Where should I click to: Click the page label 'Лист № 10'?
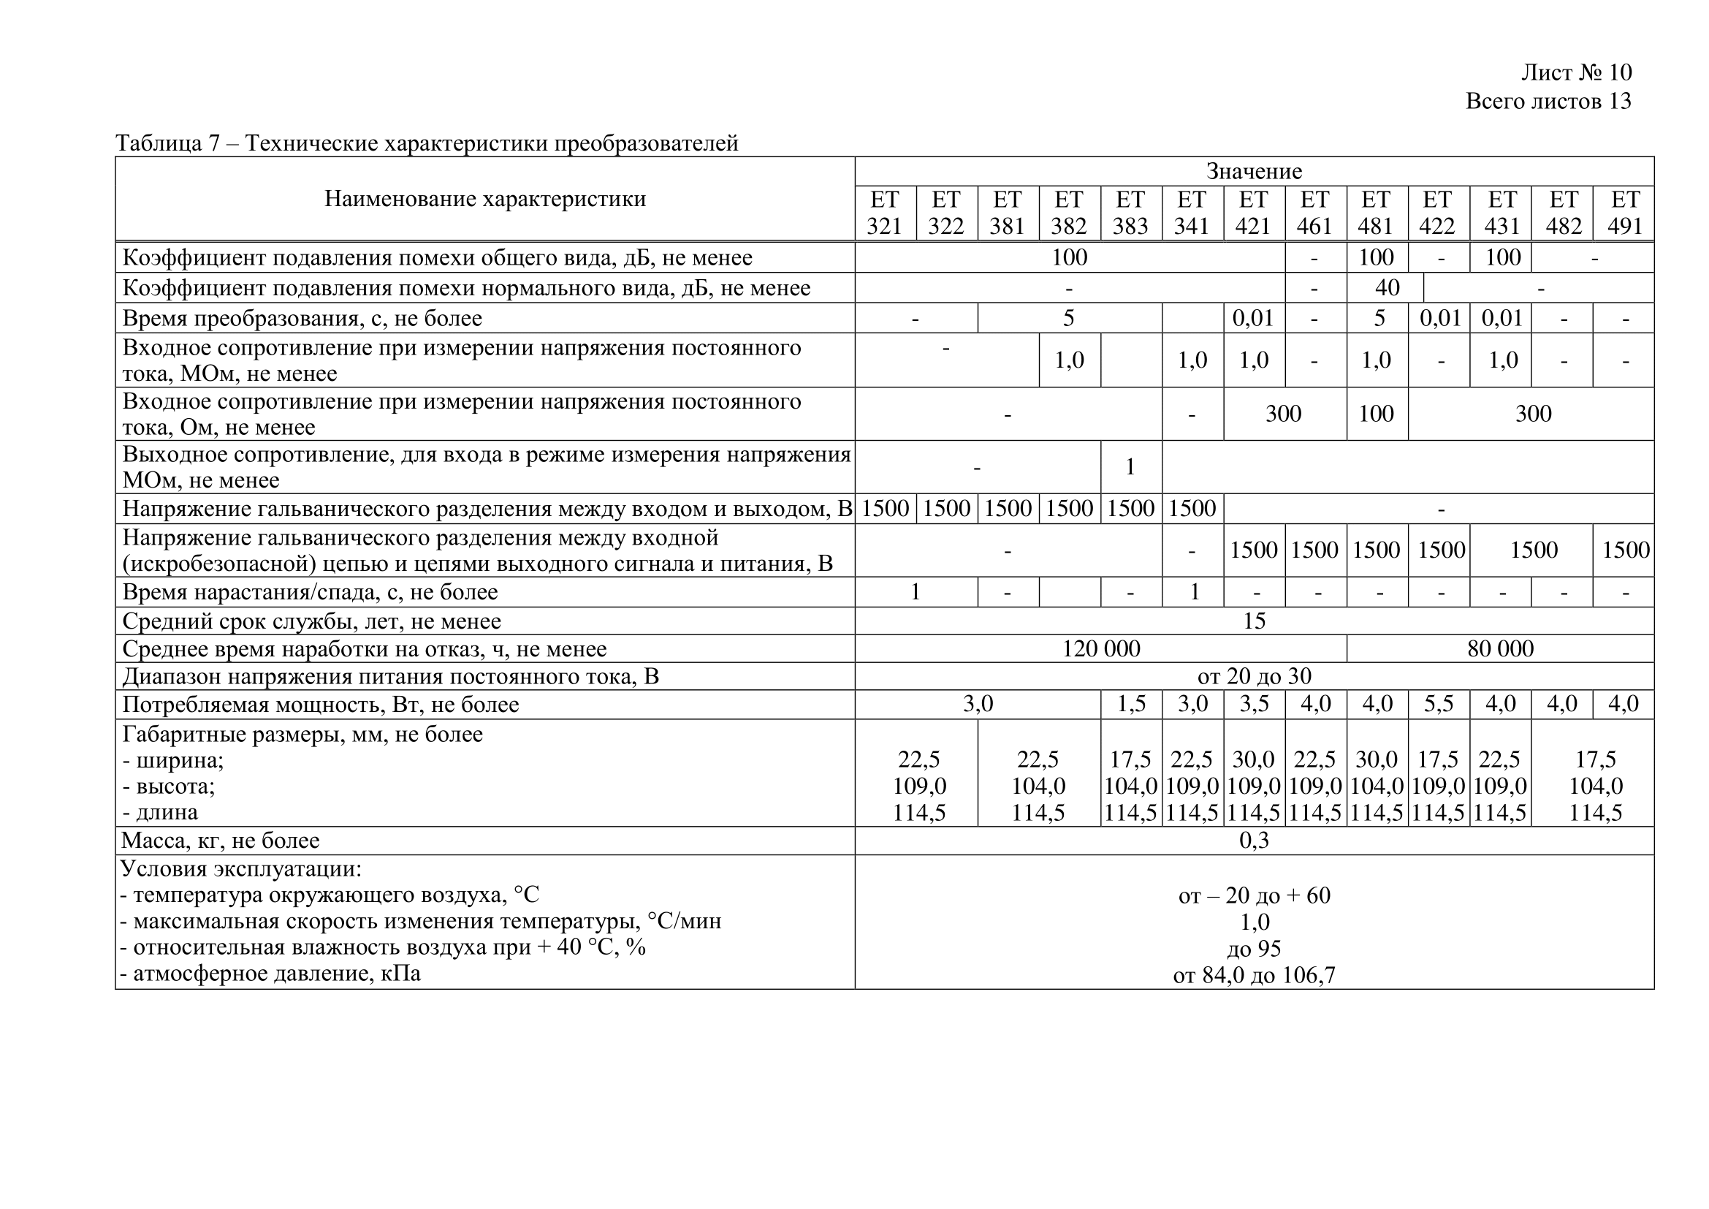click(1576, 72)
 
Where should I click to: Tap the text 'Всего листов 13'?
click(1548, 102)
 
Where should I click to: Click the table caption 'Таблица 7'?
click(167, 143)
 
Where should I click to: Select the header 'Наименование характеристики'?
click(484, 199)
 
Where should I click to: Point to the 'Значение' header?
click(1254, 171)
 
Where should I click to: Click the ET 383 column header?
click(1130, 213)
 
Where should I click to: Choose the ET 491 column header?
click(1624, 213)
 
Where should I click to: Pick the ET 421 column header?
click(1254, 213)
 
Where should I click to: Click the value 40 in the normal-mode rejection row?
click(1386, 287)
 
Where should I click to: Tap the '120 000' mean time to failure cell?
click(1100, 648)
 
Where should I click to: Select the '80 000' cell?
click(1500, 648)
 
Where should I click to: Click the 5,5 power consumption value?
click(1438, 704)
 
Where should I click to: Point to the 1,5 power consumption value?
click(1130, 704)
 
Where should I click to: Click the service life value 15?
click(1254, 621)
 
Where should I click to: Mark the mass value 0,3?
click(1254, 841)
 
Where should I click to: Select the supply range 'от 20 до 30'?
click(1254, 676)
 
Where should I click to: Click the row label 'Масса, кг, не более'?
click(221, 841)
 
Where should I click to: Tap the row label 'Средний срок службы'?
click(311, 621)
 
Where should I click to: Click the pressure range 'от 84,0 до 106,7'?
click(1254, 974)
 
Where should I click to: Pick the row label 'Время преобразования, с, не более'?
click(302, 318)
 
